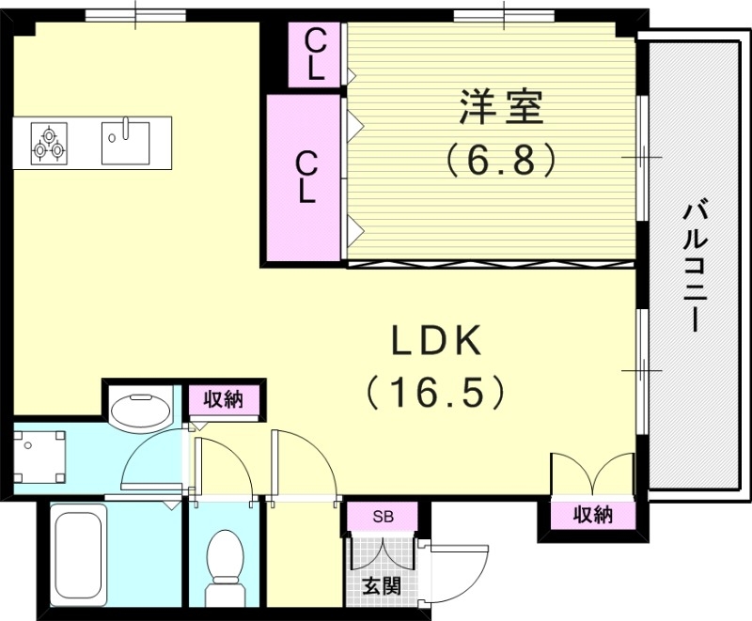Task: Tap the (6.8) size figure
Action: [x=500, y=160]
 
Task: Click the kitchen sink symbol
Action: [x=125, y=141]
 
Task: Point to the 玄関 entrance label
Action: [x=383, y=586]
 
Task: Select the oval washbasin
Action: [x=140, y=411]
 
